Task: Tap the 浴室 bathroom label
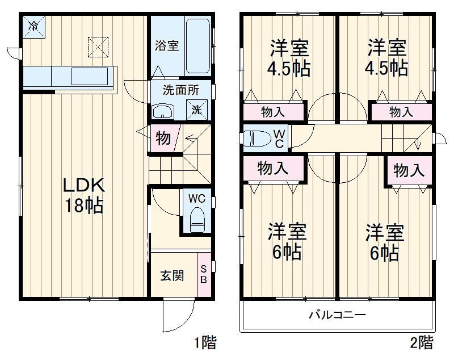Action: click(x=167, y=46)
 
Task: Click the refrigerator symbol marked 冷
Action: click(x=34, y=26)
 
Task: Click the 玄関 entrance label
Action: click(x=171, y=276)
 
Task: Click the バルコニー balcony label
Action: click(x=337, y=315)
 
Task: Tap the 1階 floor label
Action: click(x=204, y=343)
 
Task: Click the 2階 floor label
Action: click(x=421, y=343)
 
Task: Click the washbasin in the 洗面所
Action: click(x=163, y=111)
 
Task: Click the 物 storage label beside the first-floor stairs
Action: click(x=163, y=138)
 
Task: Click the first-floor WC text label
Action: click(x=196, y=199)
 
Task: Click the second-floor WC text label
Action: click(x=280, y=138)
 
